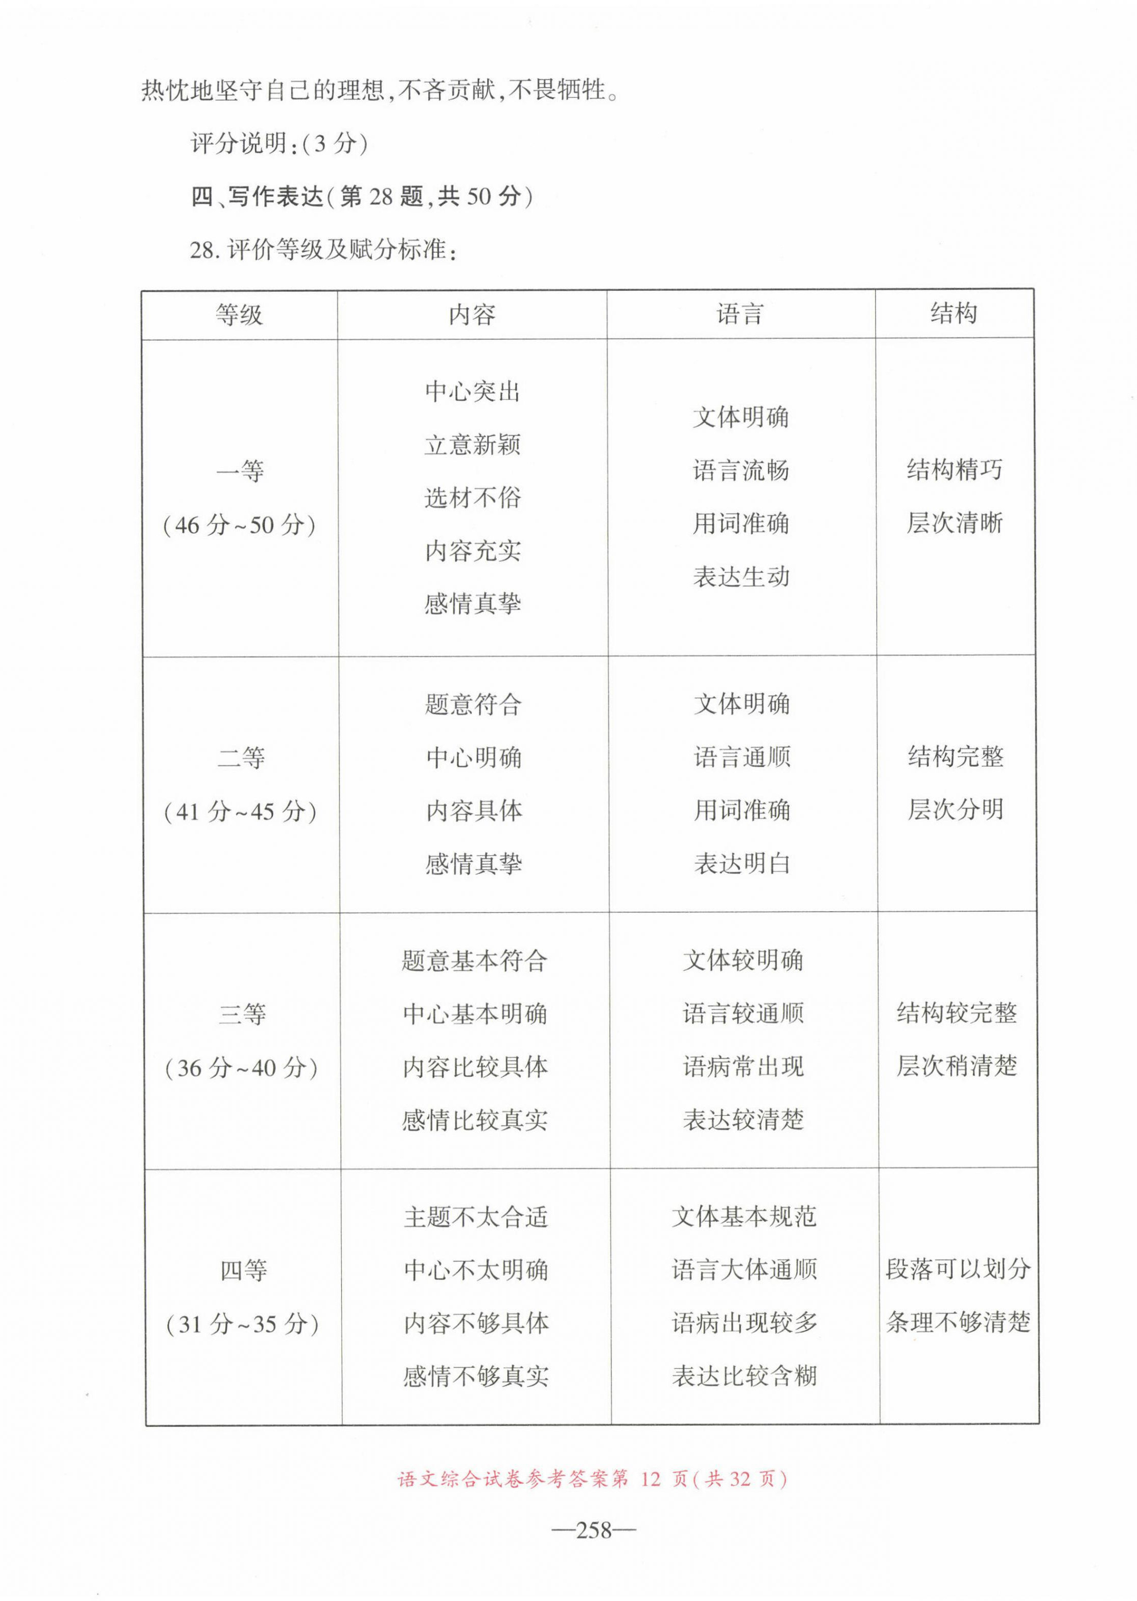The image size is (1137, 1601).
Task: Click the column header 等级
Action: click(240, 314)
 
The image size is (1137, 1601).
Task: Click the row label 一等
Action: click(240, 471)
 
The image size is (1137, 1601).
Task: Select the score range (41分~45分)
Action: click(240, 811)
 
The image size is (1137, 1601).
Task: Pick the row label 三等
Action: click(242, 1014)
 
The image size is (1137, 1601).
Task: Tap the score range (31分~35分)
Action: click(242, 1323)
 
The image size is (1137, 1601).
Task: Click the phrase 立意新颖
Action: click(473, 445)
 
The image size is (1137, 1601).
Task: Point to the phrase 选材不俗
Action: click(473, 498)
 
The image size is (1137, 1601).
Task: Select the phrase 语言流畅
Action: click(741, 470)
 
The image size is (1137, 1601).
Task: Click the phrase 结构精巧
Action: click(954, 469)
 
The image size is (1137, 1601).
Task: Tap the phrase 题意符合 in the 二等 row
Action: click(473, 704)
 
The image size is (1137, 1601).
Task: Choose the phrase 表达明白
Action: click(742, 863)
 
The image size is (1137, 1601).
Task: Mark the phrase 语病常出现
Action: click(743, 1067)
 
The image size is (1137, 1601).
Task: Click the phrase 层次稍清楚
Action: click(957, 1065)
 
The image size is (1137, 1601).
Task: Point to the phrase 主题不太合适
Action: click(475, 1217)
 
